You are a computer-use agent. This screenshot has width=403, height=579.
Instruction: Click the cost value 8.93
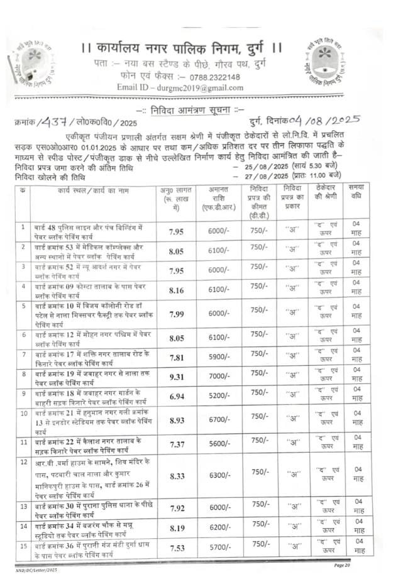tap(176, 420)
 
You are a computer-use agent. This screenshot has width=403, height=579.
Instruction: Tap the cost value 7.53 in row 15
tap(176, 548)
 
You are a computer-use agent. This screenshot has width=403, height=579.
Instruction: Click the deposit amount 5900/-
tap(218, 357)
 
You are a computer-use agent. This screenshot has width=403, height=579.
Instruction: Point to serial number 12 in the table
tap(23, 461)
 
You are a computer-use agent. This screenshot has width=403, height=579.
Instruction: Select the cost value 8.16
tap(176, 290)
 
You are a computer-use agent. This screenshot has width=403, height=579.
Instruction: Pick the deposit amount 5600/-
tap(218, 444)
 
